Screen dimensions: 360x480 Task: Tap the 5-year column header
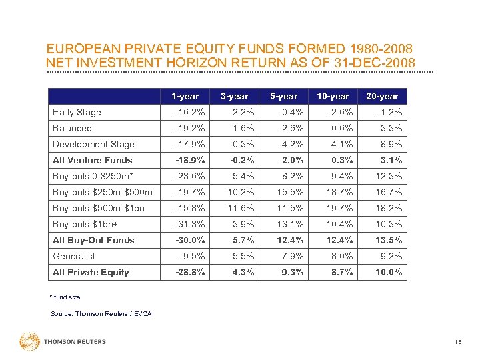coord(284,96)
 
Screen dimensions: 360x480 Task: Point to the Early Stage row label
coord(77,112)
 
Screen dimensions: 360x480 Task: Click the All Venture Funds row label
coord(93,160)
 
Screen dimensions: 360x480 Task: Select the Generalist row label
coord(74,256)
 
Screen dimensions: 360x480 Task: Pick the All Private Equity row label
coord(91,272)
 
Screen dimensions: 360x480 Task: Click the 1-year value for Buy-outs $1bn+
coord(190,224)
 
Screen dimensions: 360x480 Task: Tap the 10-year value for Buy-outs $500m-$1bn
coord(339,208)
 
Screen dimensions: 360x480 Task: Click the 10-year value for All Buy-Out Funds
coord(339,240)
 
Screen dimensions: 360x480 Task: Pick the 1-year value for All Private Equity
coord(189,272)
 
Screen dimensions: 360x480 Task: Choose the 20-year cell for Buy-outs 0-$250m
coord(389,176)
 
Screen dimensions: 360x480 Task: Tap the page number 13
coord(457,342)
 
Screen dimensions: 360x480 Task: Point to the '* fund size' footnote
coord(65,297)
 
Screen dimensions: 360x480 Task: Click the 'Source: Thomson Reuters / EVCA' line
coord(101,313)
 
